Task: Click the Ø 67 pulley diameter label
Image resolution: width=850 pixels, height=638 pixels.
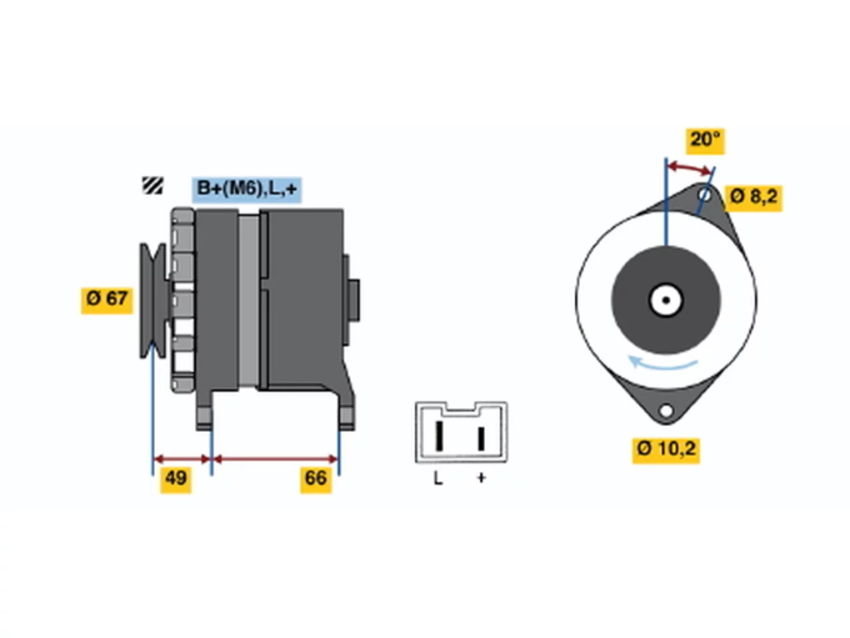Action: pyautogui.click(x=106, y=300)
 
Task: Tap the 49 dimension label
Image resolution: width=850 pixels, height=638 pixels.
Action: pyautogui.click(x=176, y=480)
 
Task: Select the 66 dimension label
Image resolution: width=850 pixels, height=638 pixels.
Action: pyautogui.click(x=315, y=480)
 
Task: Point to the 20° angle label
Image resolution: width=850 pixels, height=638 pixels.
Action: pyautogui.click(x=705, y=141)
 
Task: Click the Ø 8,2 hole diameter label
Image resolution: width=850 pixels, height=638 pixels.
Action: pyautogui.click(x=753, y=198)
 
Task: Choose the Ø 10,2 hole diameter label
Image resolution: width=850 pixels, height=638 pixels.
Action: pyautogui.click(x=666, y=450)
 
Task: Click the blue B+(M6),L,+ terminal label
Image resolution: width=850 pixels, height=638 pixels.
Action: pyautogui.click(x=246, y=189)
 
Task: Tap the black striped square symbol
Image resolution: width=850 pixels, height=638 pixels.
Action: pyautogui.click(x=152, y=185)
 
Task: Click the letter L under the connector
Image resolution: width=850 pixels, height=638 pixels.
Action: pyautogui.click(x=438, y=478)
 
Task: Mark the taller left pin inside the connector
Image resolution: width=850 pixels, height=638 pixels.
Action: pyautogui.click(x=439, y=435)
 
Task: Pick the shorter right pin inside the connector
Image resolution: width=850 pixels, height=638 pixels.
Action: pyautogui.click(x=481, y=439)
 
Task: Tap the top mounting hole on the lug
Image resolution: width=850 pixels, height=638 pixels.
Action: pyautogui.click(x=705, y=195)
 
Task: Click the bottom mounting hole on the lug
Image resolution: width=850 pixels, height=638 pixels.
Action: pyautogui.click(x=666, y=410)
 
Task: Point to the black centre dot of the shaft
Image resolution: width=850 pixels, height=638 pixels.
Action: pyautogui.click(x=665, y=300)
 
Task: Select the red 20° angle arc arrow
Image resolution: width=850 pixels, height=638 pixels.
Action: pyautogui.click(x=691, y=167)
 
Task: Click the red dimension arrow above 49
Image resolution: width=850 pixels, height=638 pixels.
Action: pyautogui.click(x=182, y=460)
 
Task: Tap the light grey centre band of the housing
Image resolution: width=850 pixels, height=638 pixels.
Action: pyautogui.click(x=248, y=300)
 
